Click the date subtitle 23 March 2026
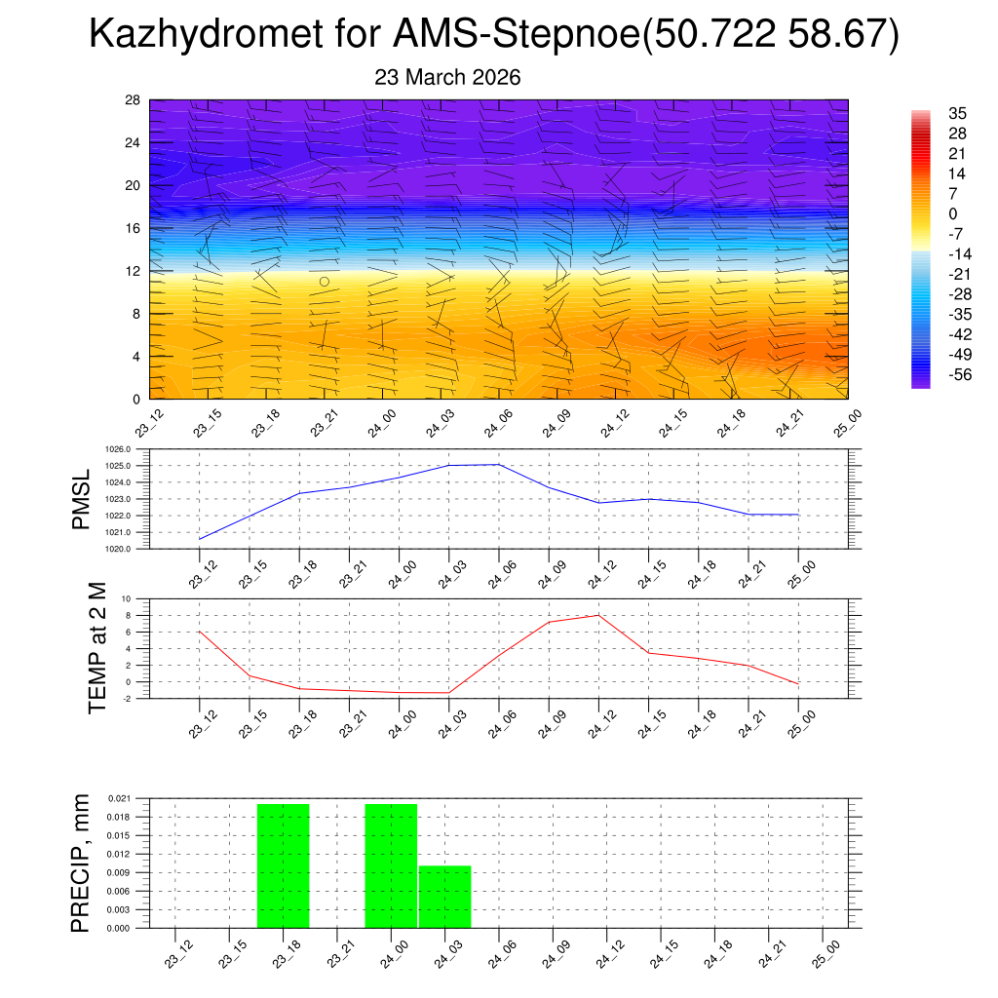pyautogui.click(x=447, y=78)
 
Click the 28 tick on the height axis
pyautogui.click(x=133, y=100)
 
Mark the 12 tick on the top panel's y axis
pyautogui.click(x=133, y=271)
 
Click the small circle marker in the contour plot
pyautogui.click(x=325, y=281)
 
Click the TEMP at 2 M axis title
pyautogui.click(x=97, y=647)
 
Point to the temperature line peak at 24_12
pyautogui.click(x=598, y=615)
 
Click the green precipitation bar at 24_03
pyautogui.click(x=445, y=897)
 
